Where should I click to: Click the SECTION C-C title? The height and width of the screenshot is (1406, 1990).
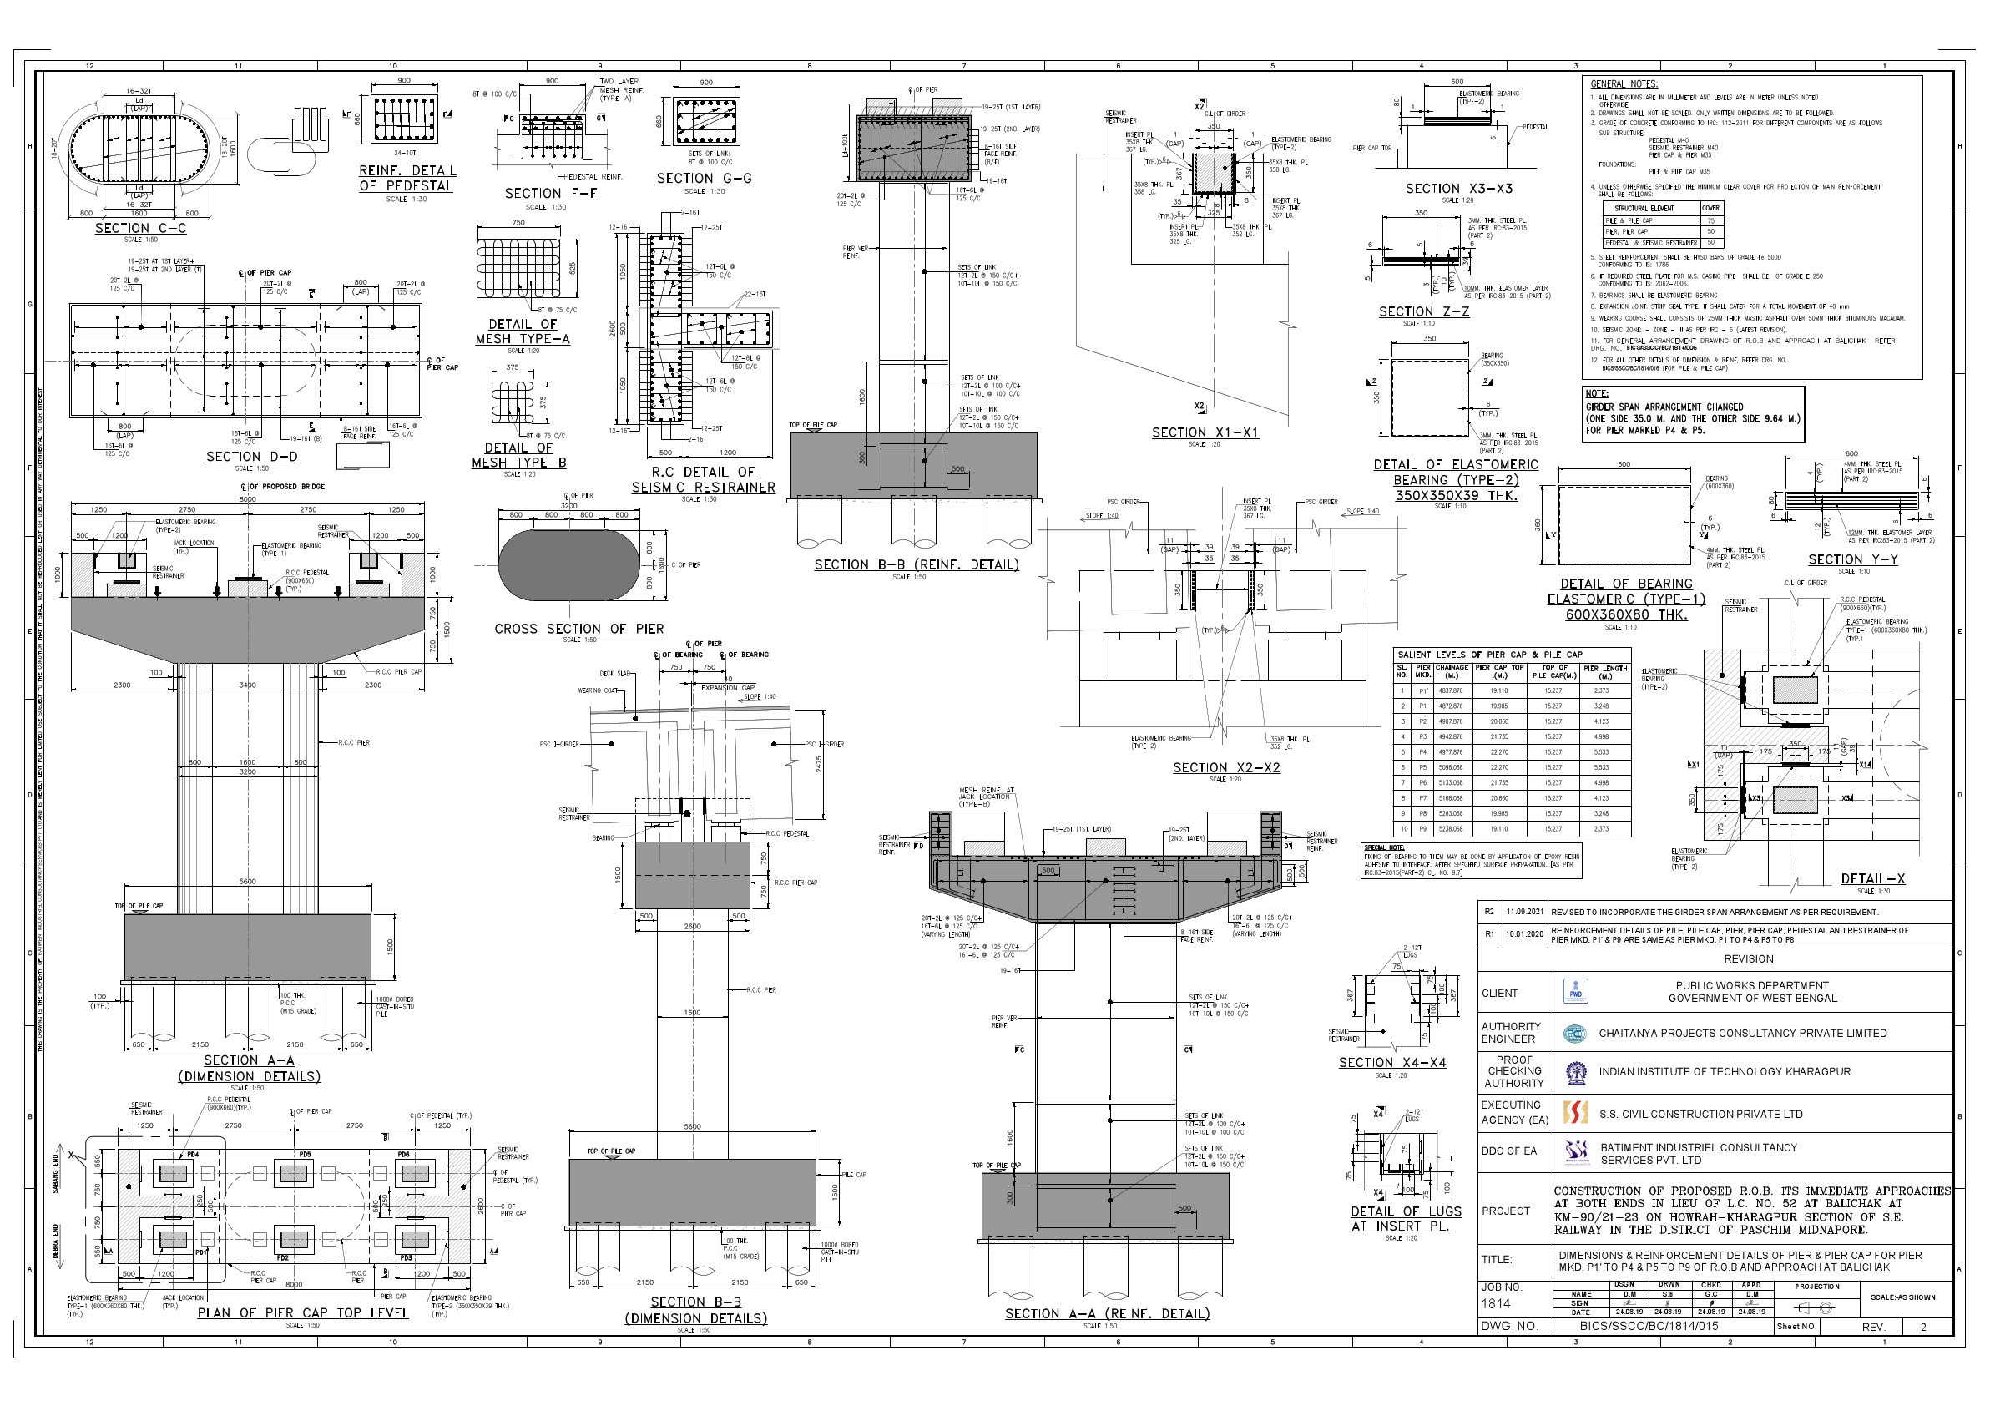[140, 228]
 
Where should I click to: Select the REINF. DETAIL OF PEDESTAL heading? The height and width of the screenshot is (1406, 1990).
[407, 178]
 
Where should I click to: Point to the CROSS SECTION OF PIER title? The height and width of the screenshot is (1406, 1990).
[578, 629]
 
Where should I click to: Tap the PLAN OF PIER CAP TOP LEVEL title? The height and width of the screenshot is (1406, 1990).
[302, 1312]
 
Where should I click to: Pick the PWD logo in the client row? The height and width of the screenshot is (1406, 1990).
[1574, 992]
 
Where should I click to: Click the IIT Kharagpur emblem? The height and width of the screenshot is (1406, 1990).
[1574, 1072]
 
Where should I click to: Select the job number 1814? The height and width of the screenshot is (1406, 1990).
[1496, 1302]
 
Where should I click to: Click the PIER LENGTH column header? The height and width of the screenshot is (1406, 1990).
[1605, 672]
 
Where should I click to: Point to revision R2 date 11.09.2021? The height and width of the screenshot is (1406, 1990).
[1524, 912]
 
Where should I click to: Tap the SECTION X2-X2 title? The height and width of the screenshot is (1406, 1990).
[1225, 767]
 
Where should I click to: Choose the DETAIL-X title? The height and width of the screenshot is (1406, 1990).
[1873, 878]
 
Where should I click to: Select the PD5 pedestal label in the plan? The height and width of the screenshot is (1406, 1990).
[305, 1155]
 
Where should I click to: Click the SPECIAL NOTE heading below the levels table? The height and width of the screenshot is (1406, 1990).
[1384, 847]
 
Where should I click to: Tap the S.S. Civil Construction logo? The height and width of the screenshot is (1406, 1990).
[1574, 1113]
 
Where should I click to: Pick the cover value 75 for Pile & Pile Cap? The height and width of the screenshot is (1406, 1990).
[1711, 220]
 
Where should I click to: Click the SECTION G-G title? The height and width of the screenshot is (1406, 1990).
[704, 178]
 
